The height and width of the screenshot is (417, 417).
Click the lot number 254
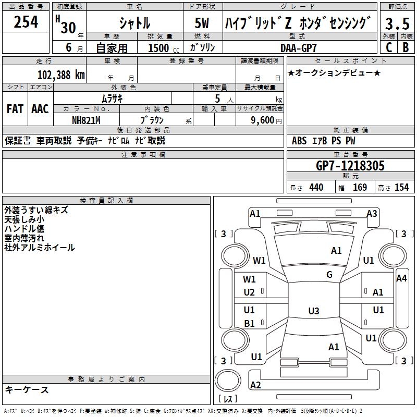click(x=26, y=22)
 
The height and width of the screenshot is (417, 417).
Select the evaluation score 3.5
click(x=397, y=24)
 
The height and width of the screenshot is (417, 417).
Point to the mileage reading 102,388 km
click(x=61, y=75)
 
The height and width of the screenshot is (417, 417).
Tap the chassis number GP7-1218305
click(x=350, y=166)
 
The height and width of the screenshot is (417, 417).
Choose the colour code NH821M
click(x=87, y=119)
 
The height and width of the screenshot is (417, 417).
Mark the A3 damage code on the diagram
click(x=372, y=213)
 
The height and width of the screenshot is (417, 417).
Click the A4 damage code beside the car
click(x=401, y=278)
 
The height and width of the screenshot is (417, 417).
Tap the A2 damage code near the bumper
click(x=255, y=385)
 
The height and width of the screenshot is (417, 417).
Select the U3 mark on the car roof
click(x=313, y=311)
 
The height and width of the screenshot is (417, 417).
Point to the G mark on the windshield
click(x=329, y=275)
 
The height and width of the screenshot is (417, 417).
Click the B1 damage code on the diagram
click(x=249, y=323)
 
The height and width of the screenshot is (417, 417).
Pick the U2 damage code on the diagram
click(x=249, y=292)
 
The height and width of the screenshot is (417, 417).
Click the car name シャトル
click(x=134, y=23)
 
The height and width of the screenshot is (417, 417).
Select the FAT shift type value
click(x=15, y=109)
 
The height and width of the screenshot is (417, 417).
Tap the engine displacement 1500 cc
click(x=160, y=48)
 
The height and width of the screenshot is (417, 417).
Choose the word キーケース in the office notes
click(x=27, y=389)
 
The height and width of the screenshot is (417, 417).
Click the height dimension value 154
click(x=401, y=188)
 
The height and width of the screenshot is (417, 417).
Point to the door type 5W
click(x=202, y=23)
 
